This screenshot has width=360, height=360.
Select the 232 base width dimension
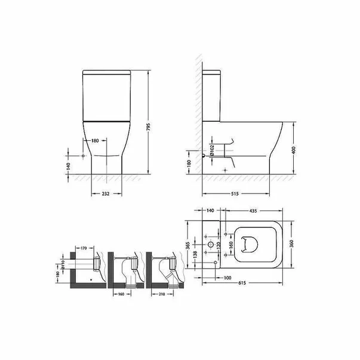tap(106, 194)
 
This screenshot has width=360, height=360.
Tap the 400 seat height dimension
tap(294, 149)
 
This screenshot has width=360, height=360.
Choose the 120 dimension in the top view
tap(219, 245)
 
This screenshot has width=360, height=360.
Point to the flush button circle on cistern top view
tap(211, 245)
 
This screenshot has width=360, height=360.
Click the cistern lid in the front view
tap(106, 76)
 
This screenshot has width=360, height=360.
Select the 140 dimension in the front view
tap(68, 165)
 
